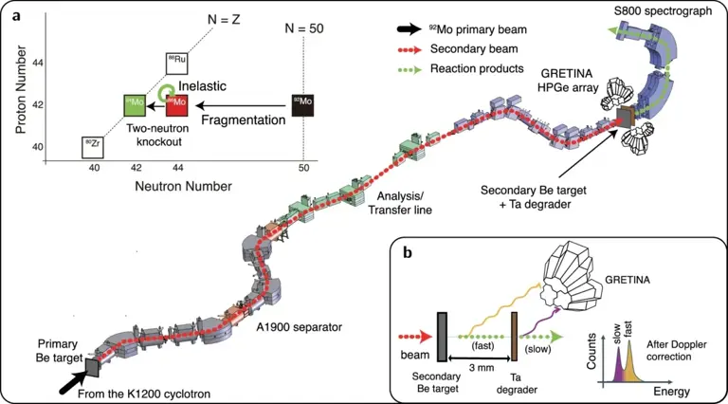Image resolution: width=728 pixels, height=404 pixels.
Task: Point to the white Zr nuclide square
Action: click(x=93, y=146)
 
